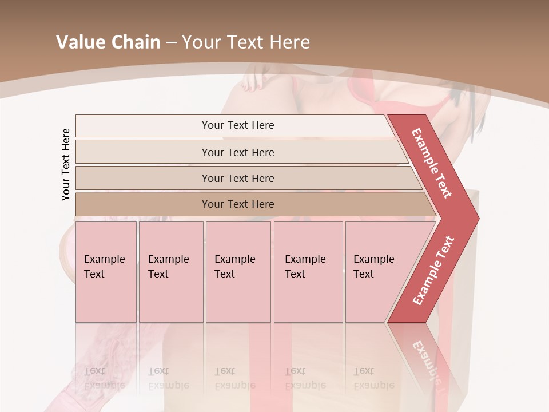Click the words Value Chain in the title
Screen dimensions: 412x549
pyautogui.click(x=108, y=42)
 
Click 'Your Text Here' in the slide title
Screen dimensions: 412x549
pyautogui.click(x=246, y=42)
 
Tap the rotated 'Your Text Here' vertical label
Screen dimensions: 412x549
pyautogui.click(x=66, y=164)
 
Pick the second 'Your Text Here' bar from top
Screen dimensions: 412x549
pyautogui.click(x=238, y=152)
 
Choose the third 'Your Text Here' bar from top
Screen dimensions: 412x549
pyautogui.click(x=238, y=178)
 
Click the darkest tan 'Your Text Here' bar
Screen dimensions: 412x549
pyautogui.click(x=238, y=204)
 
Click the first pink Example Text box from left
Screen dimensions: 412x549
pyautogui.click(x=106, y=271)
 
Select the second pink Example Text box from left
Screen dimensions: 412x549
pyautogui.click(x=171, y=271)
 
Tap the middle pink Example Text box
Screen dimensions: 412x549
pyautogui.click(x=238, y=271)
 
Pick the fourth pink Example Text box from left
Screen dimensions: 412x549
pyautogui.click(x=308, y=271)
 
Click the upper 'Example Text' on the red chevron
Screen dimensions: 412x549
pyautogui.click(x=432, y=163)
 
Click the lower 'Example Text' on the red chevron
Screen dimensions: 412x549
pyautogui.click(x=433, y=270)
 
